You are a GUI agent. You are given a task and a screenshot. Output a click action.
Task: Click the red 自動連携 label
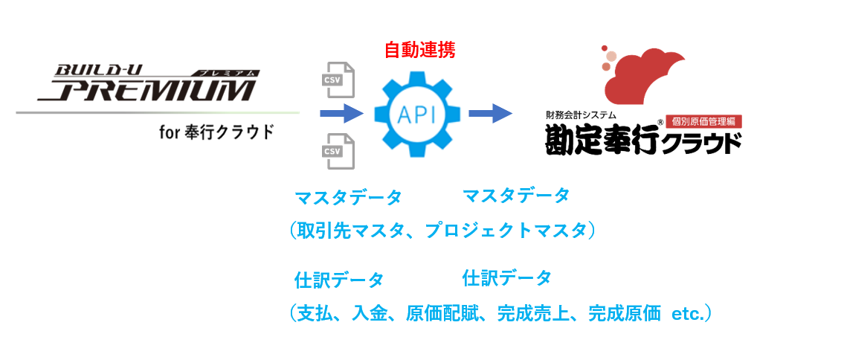(419, 50)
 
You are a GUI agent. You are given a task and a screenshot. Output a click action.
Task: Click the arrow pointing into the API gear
(340, 114)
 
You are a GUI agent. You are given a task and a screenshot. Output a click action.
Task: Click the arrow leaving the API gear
(490, 114)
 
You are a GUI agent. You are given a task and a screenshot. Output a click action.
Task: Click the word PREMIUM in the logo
(146, 91)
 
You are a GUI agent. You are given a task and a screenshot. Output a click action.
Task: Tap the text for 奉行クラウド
(216, 133)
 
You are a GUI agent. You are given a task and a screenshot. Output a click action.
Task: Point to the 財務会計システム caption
(581, 115)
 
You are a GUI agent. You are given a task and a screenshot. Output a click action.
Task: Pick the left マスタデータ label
(348, 198)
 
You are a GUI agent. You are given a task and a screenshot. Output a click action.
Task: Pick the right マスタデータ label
(516, 196)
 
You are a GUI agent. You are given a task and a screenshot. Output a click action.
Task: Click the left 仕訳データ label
(339, 280)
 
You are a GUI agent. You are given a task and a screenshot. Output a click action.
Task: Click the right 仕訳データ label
(506, 278)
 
